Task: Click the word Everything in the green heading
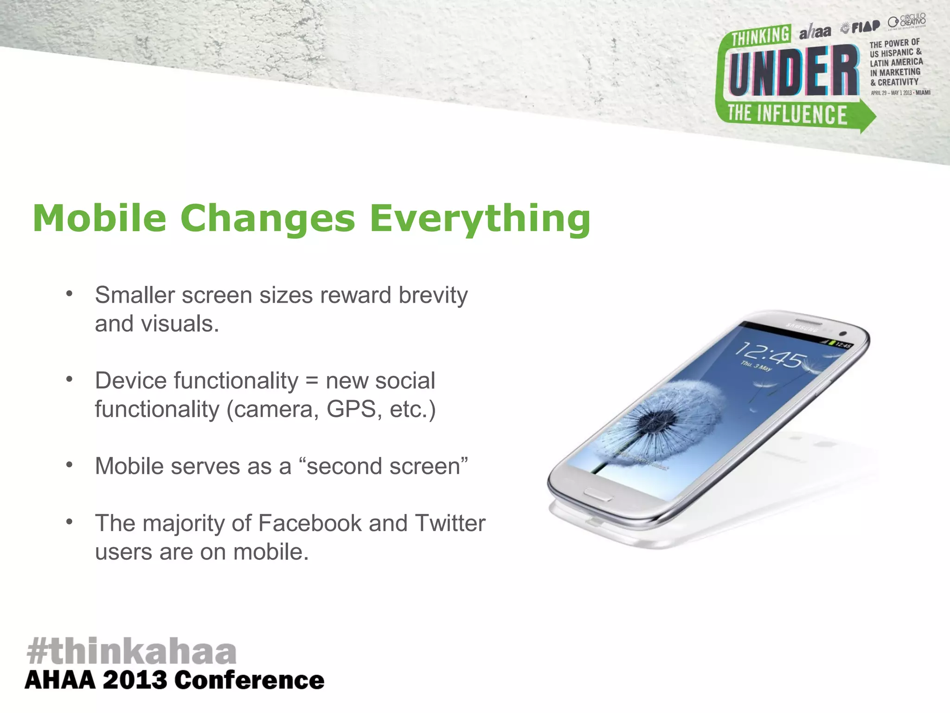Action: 480,219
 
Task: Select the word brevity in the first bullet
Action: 433,295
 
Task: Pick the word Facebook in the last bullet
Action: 310,523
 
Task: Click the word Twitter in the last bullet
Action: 449,523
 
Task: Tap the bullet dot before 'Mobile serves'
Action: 69,465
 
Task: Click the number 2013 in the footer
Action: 135,681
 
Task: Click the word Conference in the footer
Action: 249,681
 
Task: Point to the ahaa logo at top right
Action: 815,32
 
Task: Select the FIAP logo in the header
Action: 861,27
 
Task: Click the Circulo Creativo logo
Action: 907,21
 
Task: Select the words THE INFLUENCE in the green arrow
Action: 787,114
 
